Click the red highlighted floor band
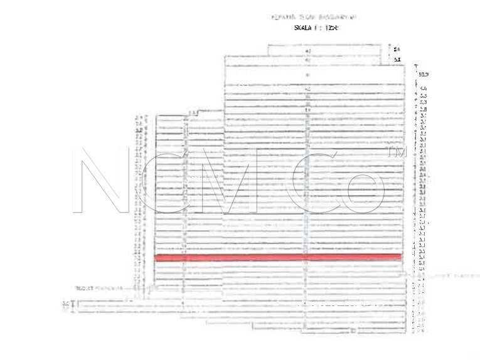coord(277,257)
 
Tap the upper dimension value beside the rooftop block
coord(396,49)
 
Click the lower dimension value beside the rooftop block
coord(396,59)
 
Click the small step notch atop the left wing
coord(193,112)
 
